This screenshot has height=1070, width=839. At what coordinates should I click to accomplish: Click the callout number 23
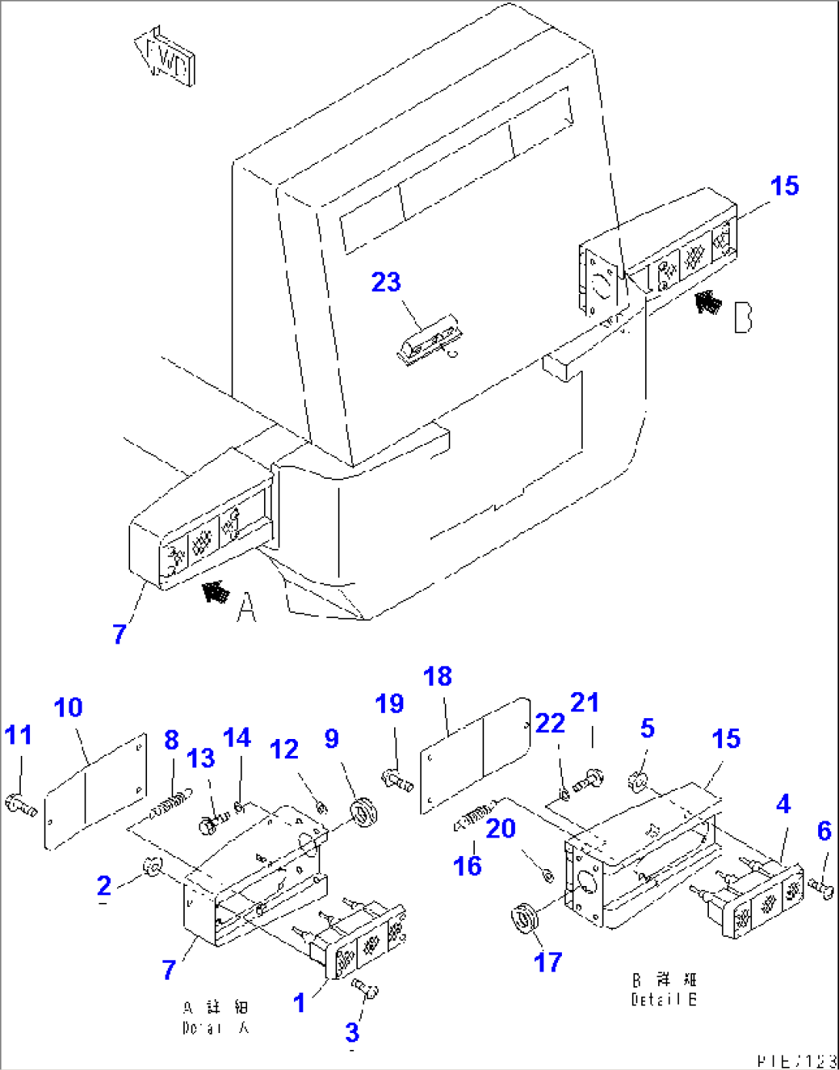coord(386,282)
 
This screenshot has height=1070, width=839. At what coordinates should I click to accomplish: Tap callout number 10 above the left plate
coord(69,707)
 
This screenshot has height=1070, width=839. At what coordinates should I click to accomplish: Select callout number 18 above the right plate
coord(437,677)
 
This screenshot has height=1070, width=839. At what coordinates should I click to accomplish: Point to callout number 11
coord(18,735)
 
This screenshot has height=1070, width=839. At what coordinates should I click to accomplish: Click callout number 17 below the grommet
coord(547,961)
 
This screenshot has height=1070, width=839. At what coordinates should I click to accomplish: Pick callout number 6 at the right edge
coord(824,831)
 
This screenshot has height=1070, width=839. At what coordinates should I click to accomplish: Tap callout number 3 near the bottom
coord(352,1032)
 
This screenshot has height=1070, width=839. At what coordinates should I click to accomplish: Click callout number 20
coord(500,829)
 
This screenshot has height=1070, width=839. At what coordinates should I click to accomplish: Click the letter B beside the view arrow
coord(742,317)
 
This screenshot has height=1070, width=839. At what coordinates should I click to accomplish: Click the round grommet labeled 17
coord(526,917)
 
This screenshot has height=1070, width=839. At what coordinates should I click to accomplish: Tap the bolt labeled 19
coord(397,781)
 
